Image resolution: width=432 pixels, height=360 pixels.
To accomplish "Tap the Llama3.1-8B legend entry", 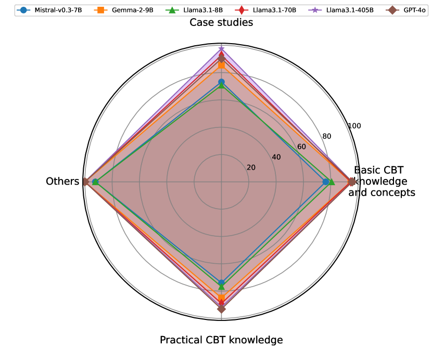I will pyautogui.click(x=193, y=10).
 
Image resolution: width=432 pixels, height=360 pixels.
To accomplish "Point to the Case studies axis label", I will pyautogui.click(x=221, y=22).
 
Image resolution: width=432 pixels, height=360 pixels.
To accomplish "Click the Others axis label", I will pyautogui.click(x=62, y=182).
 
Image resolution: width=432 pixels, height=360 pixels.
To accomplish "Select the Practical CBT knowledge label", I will pyautogui.click(x=221, y=340).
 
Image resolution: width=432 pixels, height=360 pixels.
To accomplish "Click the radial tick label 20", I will pyautogui.click(x=251, y=168).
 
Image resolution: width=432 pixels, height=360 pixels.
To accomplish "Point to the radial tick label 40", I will pyautogui.click(x=276, y=157).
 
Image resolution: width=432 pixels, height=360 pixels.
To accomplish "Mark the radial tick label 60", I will pyautogui.click(x=301, y=147).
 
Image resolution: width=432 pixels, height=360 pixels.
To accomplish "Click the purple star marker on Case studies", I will pyautogui.click(x=221, y=49).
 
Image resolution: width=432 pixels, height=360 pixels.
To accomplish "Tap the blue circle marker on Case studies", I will pyautogui.click(x=221, y=82).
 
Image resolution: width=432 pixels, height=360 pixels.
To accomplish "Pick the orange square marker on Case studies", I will pyautogui.click(x=221, y=66).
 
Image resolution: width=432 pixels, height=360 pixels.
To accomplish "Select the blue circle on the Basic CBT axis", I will pyautogui.click(x=326, y=182).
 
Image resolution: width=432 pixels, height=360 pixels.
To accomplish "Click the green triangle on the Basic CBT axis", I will pyautogui.click(x=332, y=182).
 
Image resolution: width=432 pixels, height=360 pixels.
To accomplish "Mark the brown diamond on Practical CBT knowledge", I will pyautogui.click(x=221, y=309).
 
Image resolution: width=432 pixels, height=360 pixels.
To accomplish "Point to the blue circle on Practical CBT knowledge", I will pyautogui.click(x=221, y=282).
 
